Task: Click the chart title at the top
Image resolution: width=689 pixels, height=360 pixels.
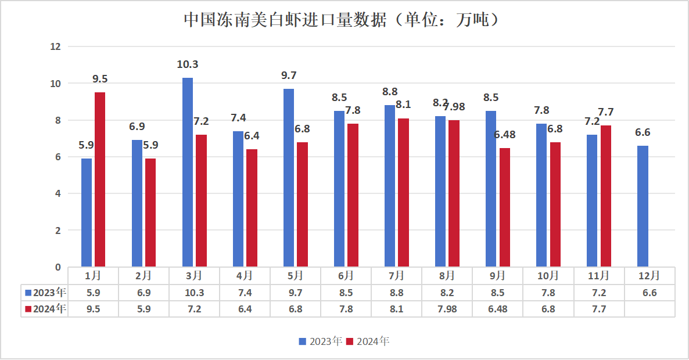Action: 342,20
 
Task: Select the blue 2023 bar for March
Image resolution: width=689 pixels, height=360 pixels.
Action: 188,172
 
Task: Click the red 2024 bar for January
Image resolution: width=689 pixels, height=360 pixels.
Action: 100,179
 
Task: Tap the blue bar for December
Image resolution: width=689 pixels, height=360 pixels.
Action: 643,206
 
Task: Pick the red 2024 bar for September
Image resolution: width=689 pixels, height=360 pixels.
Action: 505,207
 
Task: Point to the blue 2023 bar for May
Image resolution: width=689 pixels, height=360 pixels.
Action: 289,178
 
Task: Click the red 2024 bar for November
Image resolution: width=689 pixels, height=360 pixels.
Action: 606,196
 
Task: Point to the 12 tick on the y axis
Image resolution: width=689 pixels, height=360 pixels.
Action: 56,46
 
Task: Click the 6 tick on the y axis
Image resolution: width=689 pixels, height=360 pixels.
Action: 58,157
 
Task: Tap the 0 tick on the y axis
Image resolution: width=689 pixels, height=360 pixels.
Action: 58,267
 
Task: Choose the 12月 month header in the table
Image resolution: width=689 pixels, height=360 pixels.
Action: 649,275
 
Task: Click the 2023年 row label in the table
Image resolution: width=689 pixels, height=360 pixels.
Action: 45,292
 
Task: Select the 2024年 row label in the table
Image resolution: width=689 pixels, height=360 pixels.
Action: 45,309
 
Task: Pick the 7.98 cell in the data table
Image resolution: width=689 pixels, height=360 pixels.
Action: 446,309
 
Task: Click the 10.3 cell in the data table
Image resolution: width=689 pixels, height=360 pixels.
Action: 194,292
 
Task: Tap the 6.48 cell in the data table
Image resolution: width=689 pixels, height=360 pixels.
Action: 497,309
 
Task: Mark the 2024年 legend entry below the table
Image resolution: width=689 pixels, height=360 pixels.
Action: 368,341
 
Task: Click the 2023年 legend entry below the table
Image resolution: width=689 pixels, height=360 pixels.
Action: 321,341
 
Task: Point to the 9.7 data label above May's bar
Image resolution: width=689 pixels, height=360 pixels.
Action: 289,75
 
